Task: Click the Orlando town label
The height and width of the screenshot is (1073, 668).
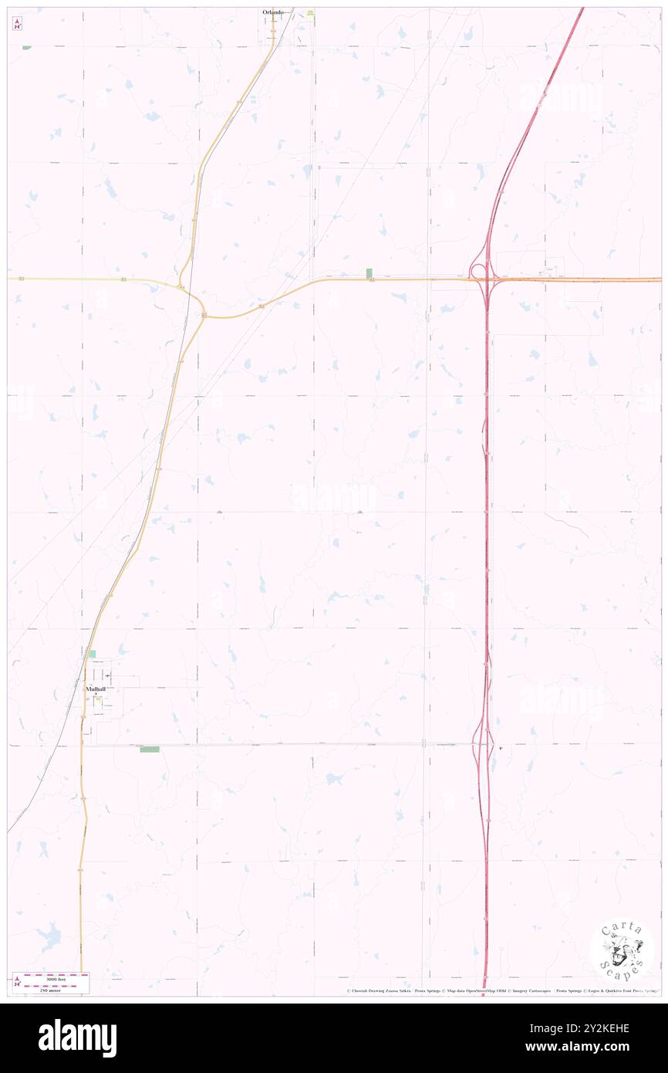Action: coord(271,12)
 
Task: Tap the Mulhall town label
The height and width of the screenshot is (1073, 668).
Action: coord(96,688)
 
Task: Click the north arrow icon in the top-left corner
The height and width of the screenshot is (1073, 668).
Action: coord(17,24)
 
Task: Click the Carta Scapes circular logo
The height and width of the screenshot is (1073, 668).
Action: coord(621,950)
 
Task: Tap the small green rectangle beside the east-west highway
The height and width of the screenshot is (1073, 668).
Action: coord(369,273)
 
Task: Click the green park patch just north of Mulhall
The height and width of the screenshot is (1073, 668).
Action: coord(92,654)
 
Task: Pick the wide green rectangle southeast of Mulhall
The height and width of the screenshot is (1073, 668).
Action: coord(149,750)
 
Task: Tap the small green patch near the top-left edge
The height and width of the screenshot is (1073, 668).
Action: coord(26,48)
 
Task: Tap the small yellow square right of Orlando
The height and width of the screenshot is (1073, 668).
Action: coord(310,12)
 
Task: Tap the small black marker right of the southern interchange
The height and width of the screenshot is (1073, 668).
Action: coord(500,748)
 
